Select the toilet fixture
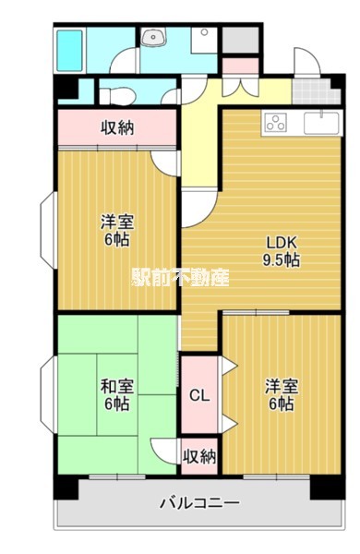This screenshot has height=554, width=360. tap(115, 94)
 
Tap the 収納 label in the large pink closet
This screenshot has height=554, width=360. tap(117, 127)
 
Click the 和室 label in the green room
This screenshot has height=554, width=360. tap(115, 386)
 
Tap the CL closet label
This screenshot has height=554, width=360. tap(199, 396)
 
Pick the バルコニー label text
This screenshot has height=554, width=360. tap(199, 503)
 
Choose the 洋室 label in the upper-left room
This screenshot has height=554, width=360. tap(115, 222)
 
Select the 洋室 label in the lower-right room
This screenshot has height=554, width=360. tap(282, 386)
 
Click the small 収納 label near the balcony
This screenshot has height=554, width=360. tap(199, 456)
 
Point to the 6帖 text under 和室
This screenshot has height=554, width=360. tap(115, 403)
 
